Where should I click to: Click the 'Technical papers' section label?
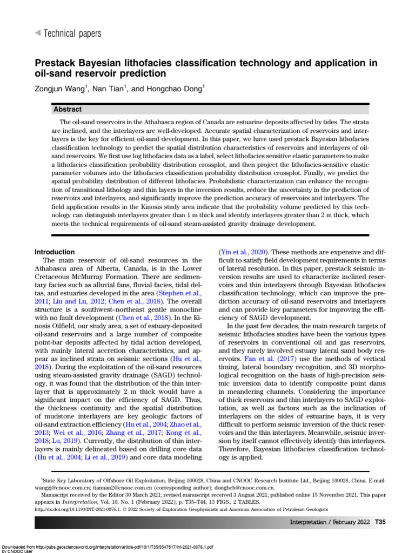click(72, 33)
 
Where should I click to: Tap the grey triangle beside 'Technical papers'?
click(37, 33)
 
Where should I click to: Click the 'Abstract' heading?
click(68, 109)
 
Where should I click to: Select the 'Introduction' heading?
click(55, 252)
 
